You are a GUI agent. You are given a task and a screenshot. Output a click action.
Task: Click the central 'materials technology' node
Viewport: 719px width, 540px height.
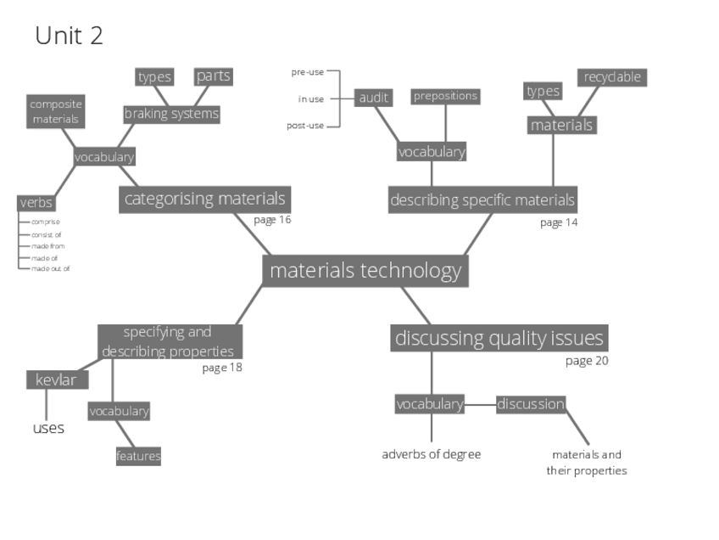(365, 271)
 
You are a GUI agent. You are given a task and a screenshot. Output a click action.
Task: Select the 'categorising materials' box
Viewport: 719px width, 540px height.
(204, 200)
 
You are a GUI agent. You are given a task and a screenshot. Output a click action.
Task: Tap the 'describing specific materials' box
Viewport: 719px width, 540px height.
(482, 200)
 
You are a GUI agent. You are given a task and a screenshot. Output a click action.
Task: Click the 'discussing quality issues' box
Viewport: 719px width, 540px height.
(499, 338)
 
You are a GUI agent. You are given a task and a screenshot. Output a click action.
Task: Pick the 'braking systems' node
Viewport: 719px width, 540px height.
(171, 114)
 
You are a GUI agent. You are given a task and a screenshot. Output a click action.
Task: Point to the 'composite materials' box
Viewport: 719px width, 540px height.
(55, 111)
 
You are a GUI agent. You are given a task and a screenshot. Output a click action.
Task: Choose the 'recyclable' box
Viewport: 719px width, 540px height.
(612, 77)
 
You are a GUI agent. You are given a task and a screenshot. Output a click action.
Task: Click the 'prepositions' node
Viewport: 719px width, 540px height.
(445, 96)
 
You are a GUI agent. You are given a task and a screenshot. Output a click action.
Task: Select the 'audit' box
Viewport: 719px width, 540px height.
(373, 98)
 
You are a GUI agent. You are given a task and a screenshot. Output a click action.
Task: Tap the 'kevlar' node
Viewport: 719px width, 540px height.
(56, 380)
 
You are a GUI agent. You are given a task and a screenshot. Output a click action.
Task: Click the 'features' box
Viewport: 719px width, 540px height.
(138, 456)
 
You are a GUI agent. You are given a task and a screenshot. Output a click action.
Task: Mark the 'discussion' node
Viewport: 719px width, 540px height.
(531, 404)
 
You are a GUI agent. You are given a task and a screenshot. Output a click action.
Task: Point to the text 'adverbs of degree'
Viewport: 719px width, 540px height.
(431, 454)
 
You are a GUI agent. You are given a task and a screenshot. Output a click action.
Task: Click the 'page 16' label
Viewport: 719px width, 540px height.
(272, 220)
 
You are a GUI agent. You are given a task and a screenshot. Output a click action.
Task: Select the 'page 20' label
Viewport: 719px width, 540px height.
(587, 361)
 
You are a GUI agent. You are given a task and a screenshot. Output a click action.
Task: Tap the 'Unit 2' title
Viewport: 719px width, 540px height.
(69, 36)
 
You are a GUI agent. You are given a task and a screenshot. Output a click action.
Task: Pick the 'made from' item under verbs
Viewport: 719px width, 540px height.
(48, 246)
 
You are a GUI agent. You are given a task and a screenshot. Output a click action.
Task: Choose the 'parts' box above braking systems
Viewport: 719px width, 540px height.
(213, 76)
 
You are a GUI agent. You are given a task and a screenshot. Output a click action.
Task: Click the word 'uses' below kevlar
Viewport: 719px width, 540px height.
(48, 428)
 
